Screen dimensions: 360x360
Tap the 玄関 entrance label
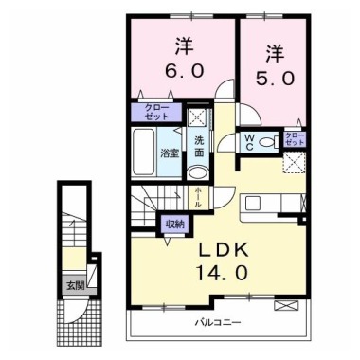click(74, 283)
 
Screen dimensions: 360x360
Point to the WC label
click(248, 142)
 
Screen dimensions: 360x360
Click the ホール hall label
click(197, 196)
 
